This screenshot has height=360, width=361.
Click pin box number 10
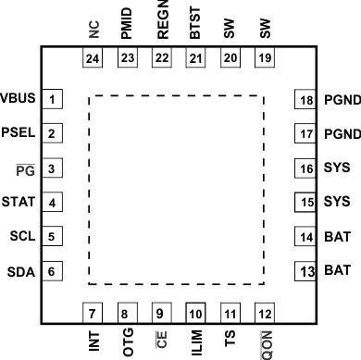(195, 312)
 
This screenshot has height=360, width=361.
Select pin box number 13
(305, 271)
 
